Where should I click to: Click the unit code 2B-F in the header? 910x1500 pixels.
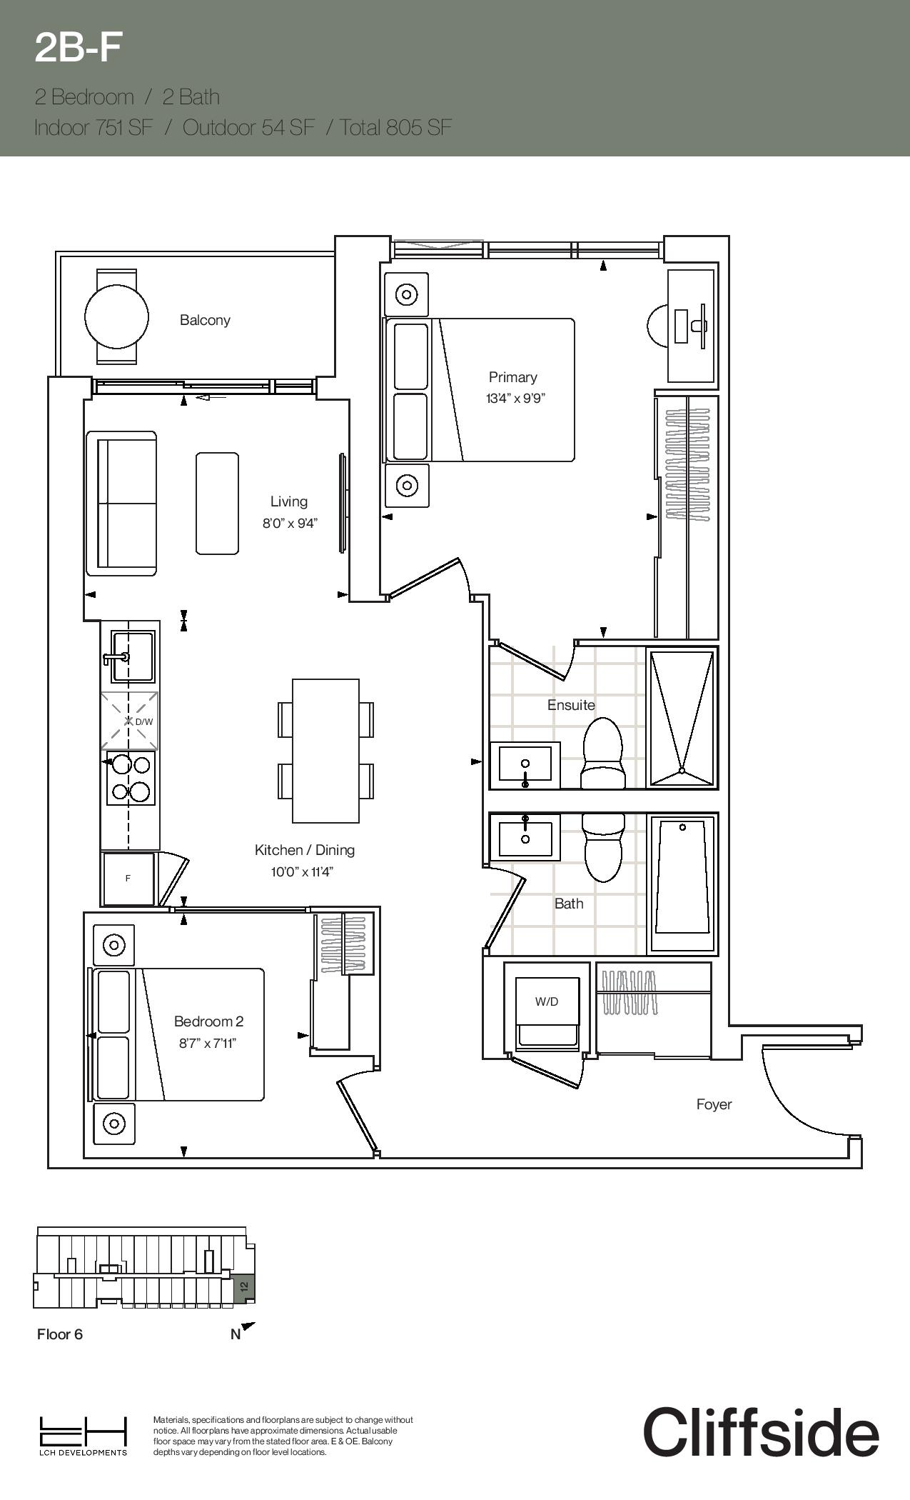click(79, 48)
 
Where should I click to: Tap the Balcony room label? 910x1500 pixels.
click(205, 320)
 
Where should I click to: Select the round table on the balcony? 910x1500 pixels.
click(116, 316)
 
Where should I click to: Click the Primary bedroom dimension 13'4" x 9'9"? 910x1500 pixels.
click(515, 399)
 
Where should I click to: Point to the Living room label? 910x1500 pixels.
click(289, 501)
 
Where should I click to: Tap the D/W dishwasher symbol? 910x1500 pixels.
click(129, 721)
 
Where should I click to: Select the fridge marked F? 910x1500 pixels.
click(128, 879)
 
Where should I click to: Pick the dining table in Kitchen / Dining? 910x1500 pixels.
click(325, 751)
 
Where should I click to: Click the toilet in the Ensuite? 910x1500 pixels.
click(603, 753)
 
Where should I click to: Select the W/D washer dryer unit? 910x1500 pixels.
click(547, 1012)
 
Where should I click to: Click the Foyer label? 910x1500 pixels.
click(714, 1104)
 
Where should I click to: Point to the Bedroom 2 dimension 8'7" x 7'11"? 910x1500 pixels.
click(208, 1043)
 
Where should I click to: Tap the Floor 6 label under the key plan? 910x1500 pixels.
click(60, 1334)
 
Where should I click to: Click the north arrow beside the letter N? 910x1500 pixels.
click(248, 1328)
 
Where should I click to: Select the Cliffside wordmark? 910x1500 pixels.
click(761, 1431)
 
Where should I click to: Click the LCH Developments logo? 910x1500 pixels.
click(84, 1435)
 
